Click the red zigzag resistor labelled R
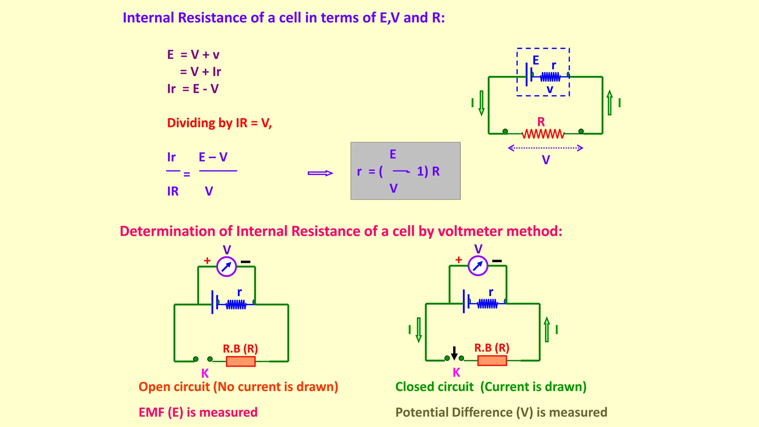pos(543,134)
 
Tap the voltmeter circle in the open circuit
pos(226,267)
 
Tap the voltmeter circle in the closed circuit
pos(478,266)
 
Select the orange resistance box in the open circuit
pos(241,361)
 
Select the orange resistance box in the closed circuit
pos(492,361)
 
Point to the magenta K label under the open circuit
pos(205,373)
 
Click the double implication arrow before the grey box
pos(320,173)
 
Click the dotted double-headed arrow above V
pos(545,148)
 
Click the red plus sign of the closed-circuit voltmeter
pos(458,260)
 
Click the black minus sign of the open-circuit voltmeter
pos(245,262)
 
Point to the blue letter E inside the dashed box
pos(536,60)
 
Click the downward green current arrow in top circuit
pos(481,103)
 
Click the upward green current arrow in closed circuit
pos(547,329)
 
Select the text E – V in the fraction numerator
pos(213,157)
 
